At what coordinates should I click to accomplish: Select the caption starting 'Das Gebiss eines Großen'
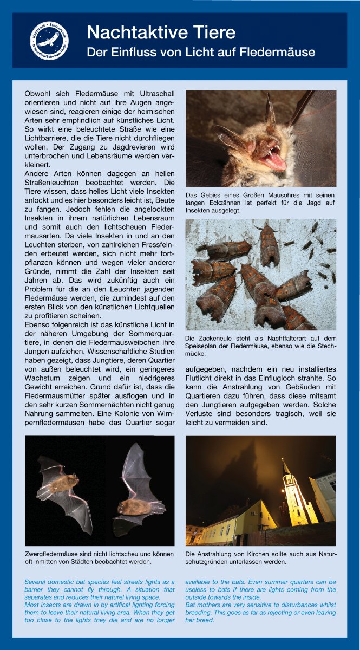[260, 202]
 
